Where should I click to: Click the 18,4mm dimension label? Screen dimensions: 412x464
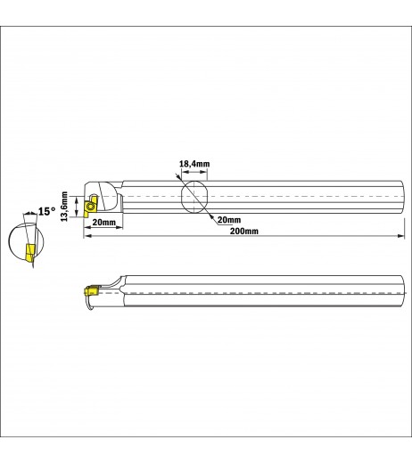194,164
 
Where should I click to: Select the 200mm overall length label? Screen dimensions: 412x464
244,231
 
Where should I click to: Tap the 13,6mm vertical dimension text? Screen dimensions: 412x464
64,207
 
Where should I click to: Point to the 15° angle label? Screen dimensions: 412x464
47,211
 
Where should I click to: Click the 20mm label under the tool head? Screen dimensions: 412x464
103,222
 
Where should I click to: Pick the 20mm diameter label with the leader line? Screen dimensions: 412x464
229,220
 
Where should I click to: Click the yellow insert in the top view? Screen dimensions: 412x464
90,207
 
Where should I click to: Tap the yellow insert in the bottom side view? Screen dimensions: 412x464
92,290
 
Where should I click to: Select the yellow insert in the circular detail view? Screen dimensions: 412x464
30,252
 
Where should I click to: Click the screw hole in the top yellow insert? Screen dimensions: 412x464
90,207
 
